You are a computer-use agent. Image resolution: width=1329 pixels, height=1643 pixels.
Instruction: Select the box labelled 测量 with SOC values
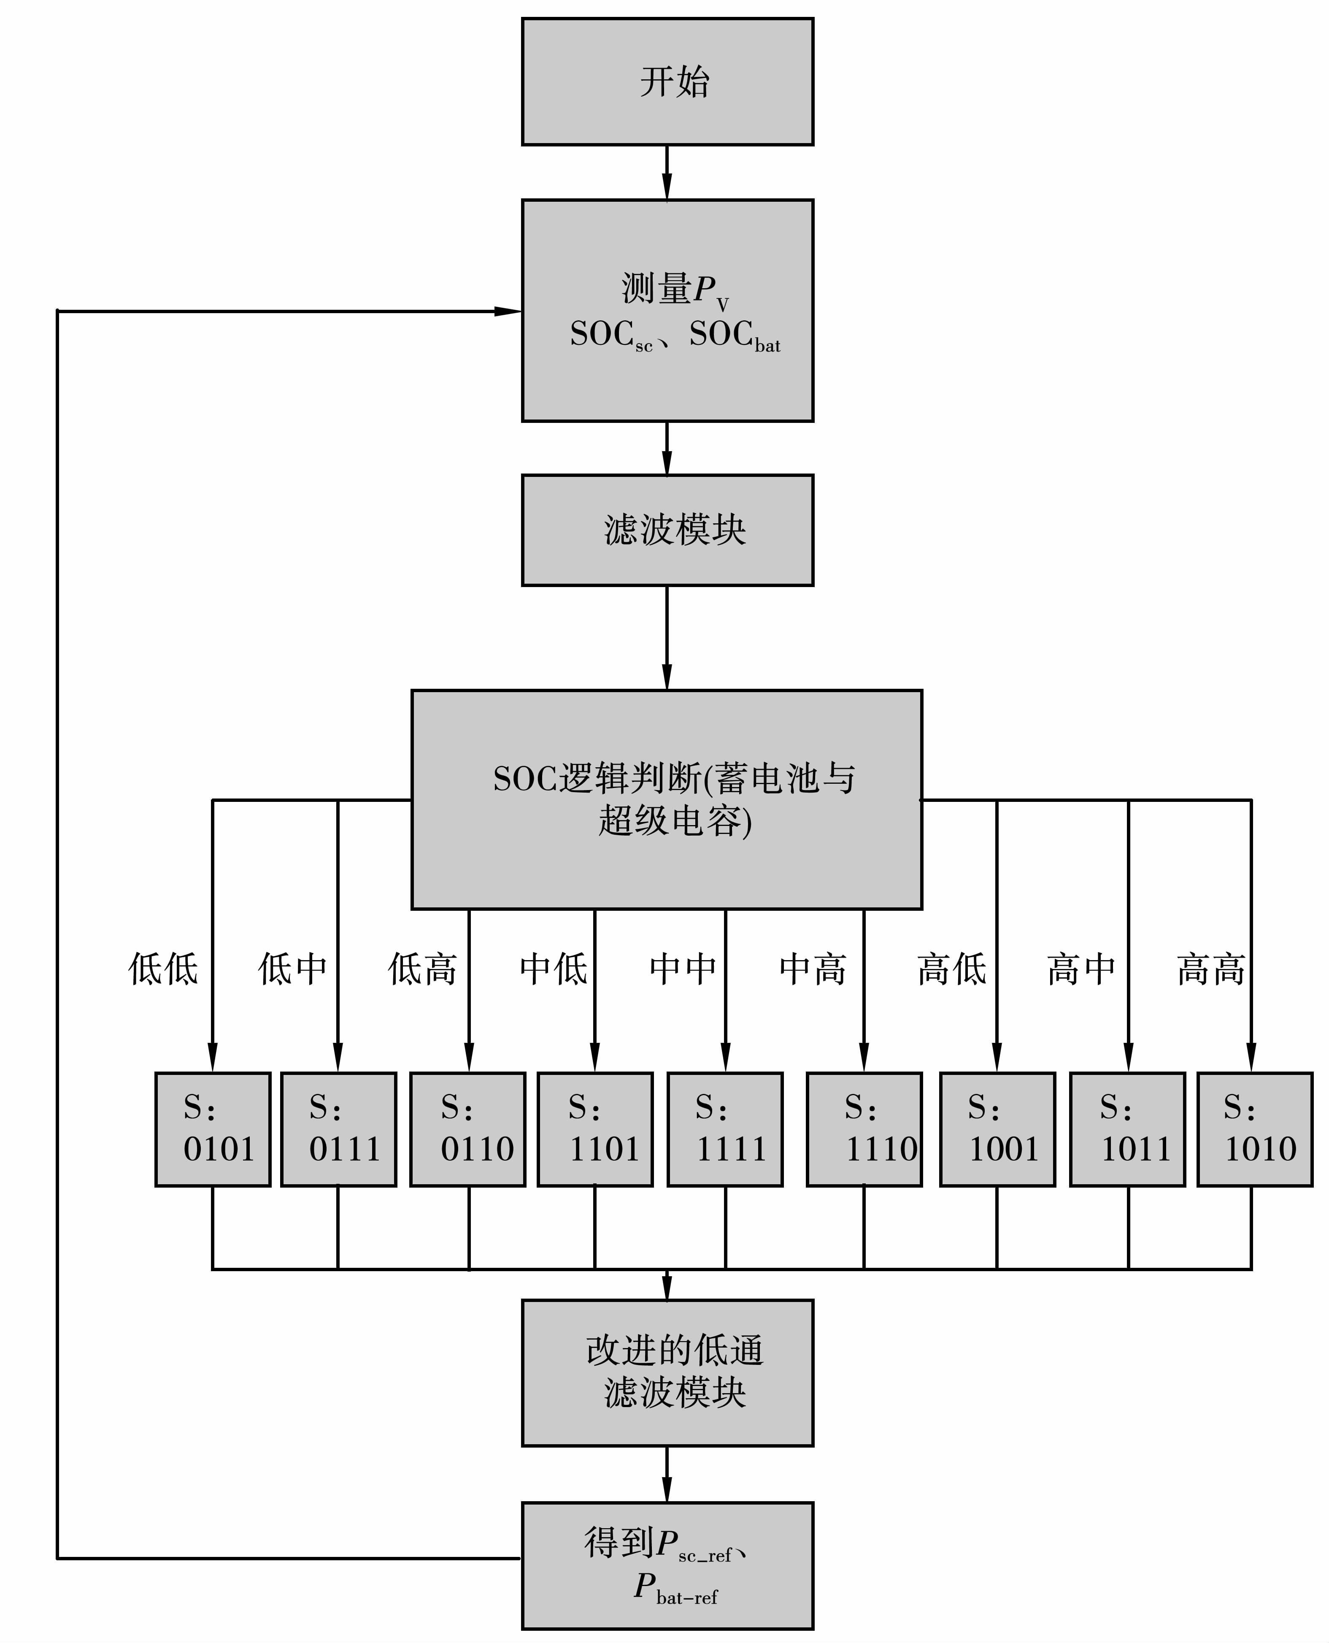point(667,310)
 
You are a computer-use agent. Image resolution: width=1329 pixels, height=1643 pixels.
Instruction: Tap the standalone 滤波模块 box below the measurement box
point(667,530)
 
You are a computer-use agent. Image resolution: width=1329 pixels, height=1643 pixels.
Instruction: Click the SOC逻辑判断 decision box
point(666,799)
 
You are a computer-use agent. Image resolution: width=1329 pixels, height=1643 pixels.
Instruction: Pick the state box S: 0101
point(213,1129)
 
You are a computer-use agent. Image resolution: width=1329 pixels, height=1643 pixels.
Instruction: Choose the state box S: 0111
point(338,1129)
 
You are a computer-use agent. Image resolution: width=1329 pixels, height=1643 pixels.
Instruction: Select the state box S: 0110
point(468,1129)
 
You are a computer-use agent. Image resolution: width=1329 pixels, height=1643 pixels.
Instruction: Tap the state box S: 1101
point(595,1129)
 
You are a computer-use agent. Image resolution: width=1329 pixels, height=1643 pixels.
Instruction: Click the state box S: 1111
point(725,1129)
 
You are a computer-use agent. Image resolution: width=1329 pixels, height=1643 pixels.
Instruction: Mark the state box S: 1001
point(997,1129)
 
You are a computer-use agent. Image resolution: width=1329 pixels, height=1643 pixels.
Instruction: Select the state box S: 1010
point(1255,1129)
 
